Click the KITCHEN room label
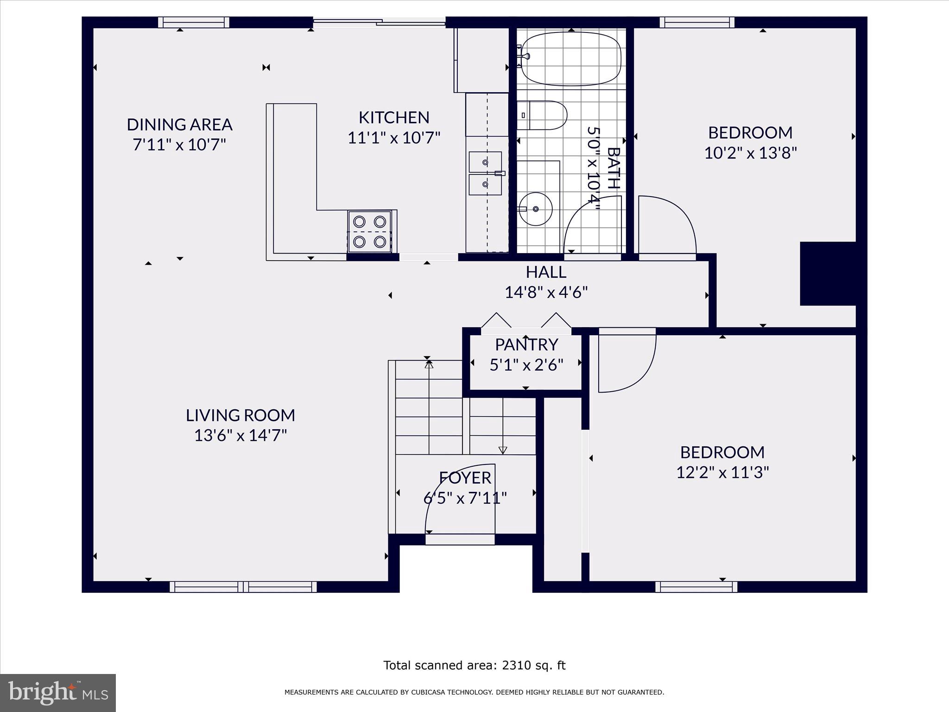coord(394,117)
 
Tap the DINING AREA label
coord(179,124)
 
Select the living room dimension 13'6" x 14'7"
coord(240,435)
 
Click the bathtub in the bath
coord(571,58)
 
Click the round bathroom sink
coord(536,209)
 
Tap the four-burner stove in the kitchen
coord(370,231)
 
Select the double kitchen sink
coord(485,173)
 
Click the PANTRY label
coord(526,344)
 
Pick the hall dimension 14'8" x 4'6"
coord(546,292)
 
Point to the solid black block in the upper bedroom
coord(828,273)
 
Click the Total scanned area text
coord(474,665)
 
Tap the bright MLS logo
coord(57,693)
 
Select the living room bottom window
coord(243,587)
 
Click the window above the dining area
coord(194,22)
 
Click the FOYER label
coord(465,477)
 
